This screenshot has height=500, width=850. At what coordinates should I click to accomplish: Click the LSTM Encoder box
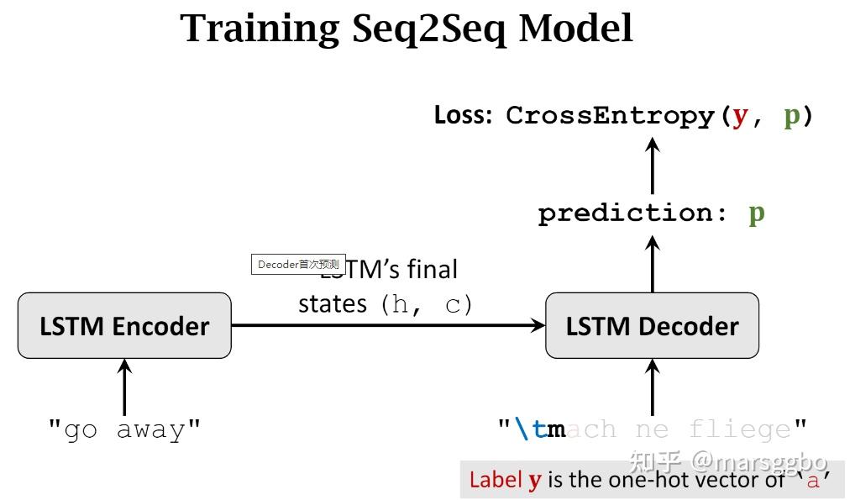(x=124, y=326)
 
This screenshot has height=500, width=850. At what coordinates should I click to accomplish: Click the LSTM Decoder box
(x=652, y=326)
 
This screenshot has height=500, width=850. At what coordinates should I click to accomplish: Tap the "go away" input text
(x=124, y=430)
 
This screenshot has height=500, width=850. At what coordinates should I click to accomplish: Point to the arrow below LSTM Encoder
(x=124, y=387)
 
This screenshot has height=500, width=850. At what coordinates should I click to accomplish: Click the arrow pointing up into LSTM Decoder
(x=653, y=387)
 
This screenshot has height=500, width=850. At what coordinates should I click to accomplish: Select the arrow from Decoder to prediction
(x=653, y=264)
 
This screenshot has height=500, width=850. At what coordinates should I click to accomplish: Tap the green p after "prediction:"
(x=756, y=213)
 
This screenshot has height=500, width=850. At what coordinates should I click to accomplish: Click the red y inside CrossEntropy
(x=739, y=116)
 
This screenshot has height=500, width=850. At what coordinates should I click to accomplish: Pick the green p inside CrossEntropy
(x=791, y=116)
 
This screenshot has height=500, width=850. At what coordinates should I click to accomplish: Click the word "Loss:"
(x=463, y=116)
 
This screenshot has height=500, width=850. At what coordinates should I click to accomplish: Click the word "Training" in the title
(x=260, y=29)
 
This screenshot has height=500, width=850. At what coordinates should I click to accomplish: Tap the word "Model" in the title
(x=575, y=29)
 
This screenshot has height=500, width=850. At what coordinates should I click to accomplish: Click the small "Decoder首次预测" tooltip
(x=298, y=264)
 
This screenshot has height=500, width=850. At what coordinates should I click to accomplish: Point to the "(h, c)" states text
(x=427, y=304)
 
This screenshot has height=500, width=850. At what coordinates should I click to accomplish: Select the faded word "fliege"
(x=739, y=430)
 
